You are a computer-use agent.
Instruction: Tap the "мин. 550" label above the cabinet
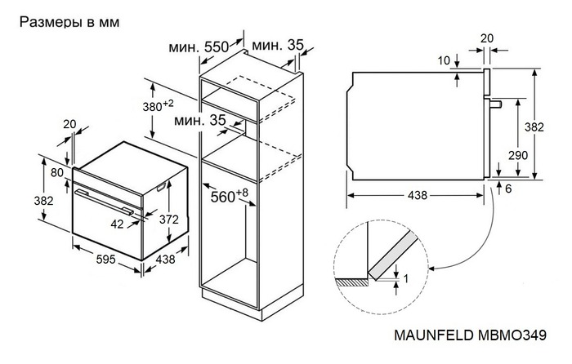click(x=199, y=47)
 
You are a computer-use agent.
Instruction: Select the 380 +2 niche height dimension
click(x=156, y=106)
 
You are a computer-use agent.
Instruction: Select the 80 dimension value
click(x=56, y=172)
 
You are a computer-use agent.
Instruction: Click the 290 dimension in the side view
click(x=518, y=155)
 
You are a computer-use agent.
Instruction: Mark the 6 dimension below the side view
click(x=508, y=189)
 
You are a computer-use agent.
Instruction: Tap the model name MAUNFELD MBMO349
click(x=493, y=336)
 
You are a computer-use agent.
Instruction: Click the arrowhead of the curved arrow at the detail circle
click(x=431, y=268)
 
